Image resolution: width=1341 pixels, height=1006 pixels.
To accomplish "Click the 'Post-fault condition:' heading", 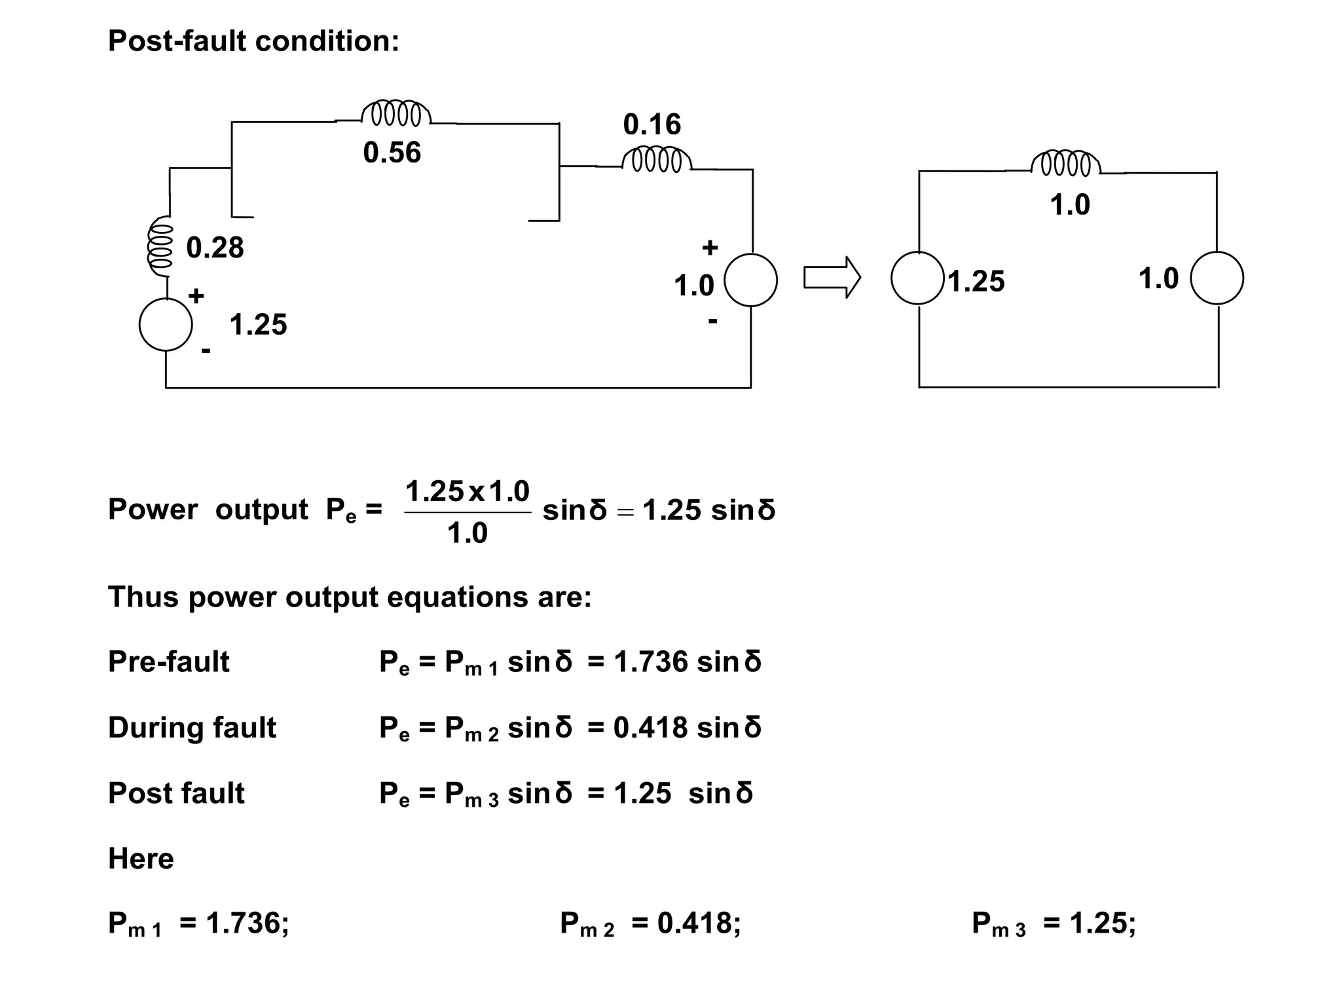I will pyautogui.click(x=253, y=41).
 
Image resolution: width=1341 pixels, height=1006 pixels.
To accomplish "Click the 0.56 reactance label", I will pyautogui.click(x=392, y=153).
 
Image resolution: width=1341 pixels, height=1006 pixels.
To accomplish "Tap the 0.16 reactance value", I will pyautogui.click(x=652, y=124).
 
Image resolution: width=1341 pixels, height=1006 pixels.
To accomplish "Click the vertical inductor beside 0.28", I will pyautogui.click(x=160, y=248).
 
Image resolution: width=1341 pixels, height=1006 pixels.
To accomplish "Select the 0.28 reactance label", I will pyautogui.click(x=215, y=248).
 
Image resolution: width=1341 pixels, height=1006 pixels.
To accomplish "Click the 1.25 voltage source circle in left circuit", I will pyautogui.click(x=166, y=325).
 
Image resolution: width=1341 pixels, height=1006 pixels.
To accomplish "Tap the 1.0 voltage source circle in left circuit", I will pyautogui.click(x=750, y=280).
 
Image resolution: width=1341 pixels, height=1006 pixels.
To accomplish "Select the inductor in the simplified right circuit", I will pyautogui.click(x=1065, y=164).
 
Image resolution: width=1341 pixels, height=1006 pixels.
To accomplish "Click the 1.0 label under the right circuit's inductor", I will pyautogui.click(x=1069, y=205).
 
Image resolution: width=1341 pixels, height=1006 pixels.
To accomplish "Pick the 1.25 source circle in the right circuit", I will pyautogui.click(x=917, y=278).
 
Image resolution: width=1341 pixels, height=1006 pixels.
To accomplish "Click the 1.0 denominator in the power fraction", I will pyautogui.click(x=467, y=533).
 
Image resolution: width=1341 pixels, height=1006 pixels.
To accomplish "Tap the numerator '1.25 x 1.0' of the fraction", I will pyautogui.click(x=467, y=491).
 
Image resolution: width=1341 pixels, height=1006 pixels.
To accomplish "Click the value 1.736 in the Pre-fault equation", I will pyautogui.click(x=651, y=662).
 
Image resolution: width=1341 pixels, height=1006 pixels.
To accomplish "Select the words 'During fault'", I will pyautogui.click(x=192, y=728).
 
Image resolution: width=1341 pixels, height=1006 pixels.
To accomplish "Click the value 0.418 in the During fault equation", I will pyautogui.click(x=650, y=728).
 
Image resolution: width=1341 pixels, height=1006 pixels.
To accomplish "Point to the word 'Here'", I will pyautogui.click(x=141, y=859).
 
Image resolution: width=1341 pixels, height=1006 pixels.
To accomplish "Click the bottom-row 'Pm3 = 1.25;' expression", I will pyautogui.click(x=1054, y=923).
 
